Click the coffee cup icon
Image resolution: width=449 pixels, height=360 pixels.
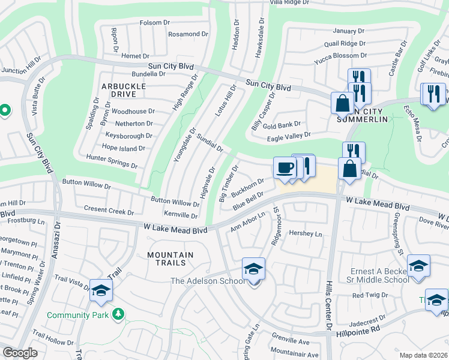(x=284, y=167)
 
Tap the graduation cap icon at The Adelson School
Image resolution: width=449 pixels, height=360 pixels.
(x=253, y=269)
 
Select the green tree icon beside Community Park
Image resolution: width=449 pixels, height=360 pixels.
(x=119, y=314)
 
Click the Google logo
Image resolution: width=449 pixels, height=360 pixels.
(x=20, y=353)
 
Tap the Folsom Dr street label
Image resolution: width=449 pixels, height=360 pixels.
(x=155, y=23)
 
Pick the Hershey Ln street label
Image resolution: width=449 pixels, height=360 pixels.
(x=306, y=234)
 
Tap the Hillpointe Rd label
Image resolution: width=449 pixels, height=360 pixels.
(x=358, y=329)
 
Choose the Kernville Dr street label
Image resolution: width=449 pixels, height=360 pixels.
(x=181, y=215)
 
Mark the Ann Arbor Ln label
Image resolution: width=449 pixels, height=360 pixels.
(x=248, y=221)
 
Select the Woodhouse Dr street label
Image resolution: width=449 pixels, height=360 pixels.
(x=133, y=112)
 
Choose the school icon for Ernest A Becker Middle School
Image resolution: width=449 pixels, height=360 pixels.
(x=418, y=265)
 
